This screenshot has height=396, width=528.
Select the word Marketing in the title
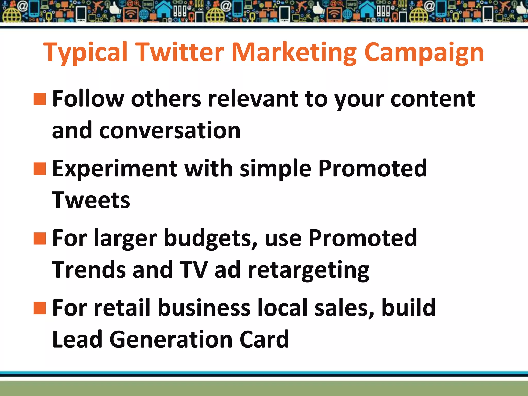tap(294, 53)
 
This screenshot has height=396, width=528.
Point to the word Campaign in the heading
tap(424, 53)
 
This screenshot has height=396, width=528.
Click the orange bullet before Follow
tap(39, 99)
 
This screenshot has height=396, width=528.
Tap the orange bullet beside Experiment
tap(39, 169)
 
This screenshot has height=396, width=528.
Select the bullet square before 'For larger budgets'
tap(39, 238)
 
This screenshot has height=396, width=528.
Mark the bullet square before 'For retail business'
tap(39, 308)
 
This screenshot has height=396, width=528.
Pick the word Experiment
tap(115, 169)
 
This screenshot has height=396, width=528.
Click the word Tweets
tap(91, 200)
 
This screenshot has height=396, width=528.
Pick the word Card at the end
tap(264, 339)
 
